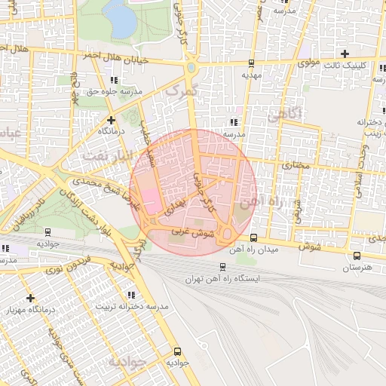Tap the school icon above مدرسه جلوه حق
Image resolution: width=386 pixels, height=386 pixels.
point(113,80)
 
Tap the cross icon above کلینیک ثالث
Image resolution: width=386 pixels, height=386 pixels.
point(345,54)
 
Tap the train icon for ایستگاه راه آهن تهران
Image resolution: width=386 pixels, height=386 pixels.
point(222,267)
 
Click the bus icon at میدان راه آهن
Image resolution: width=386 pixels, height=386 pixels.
point(253,237)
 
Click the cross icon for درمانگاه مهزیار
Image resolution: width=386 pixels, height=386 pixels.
point(30,298)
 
